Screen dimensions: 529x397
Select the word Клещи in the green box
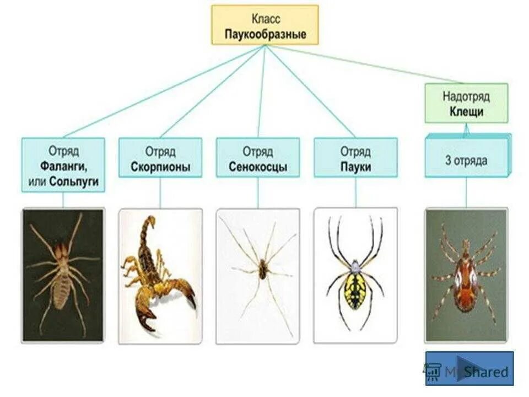tap(466, 111)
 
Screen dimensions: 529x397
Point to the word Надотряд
tap(466, 96)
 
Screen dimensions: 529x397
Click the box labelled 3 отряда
tap(466, 161)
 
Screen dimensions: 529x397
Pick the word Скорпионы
tap(160, 167)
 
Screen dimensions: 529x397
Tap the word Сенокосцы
tap(257, 167)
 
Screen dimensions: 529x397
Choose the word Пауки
tap(355, 167)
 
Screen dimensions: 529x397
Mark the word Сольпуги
tap(77, 181)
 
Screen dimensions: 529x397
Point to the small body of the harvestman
tap(263, 270)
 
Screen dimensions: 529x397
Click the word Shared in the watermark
tap(485, 372)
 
